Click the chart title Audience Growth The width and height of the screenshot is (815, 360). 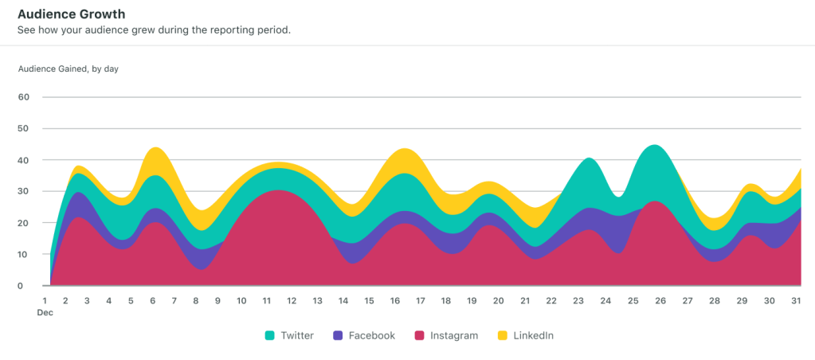click(x=71, y=14)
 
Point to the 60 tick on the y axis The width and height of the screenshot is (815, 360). click(x=23, y=97)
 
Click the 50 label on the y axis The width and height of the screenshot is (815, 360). click(x=23, y=128)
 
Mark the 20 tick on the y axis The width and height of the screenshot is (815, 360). click(x=23, y=223)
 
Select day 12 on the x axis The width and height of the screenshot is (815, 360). click(x=292, y=300)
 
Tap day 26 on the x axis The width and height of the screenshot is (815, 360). click(x=659, y=300)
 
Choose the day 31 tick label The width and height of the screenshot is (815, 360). click(x=794, y=300)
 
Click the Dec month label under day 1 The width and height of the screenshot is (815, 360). click(x=45, y=313)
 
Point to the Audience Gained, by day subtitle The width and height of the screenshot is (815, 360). click(x=69, y=68)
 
